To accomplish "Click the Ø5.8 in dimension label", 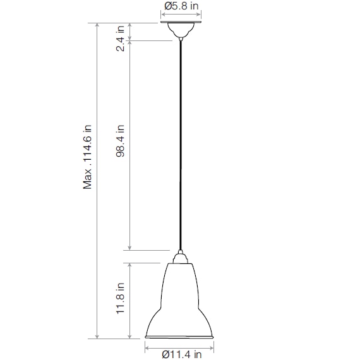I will (182, 6).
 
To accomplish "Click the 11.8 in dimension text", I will (121, 300).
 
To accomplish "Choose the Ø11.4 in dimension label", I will (181, 354).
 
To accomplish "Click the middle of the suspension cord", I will (181, 145).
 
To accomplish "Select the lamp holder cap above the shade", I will (181, 256).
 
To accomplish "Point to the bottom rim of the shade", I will (181, 337).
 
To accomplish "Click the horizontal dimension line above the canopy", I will (181, 15).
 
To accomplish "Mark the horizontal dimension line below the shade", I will (181, 345).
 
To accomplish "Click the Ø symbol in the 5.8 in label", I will (167, 6).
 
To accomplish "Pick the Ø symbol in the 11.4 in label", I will (165, 354).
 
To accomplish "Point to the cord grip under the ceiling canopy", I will (181, 39).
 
